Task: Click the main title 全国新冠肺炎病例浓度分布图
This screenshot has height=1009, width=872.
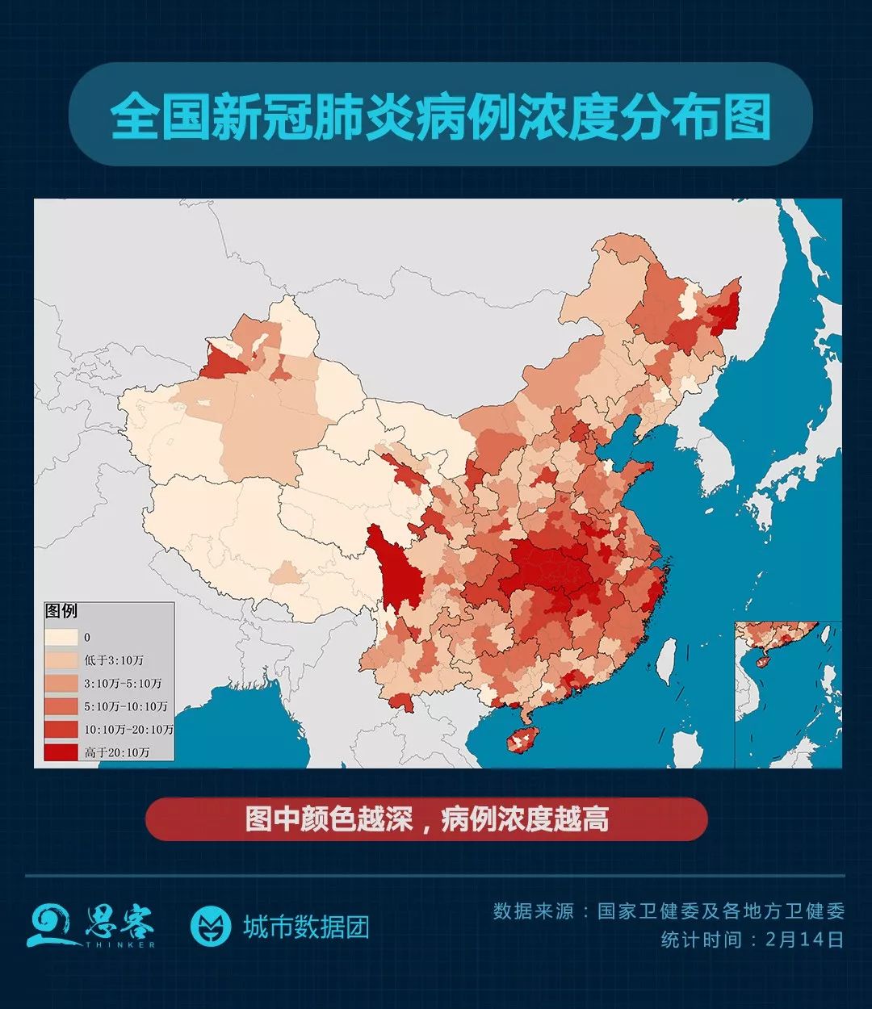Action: pyautogui.click(x=440, y=117)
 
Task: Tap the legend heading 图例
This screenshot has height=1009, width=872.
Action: pyautogui.click(x=61, y=611)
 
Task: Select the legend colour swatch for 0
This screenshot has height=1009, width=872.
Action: pyautogui.click(x=61, y=637)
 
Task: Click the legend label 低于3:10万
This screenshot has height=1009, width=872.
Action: pyautogui.click(x=113, y=660)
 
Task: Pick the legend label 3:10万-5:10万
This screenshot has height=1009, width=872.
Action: pyautogui.click(x=123, y=683)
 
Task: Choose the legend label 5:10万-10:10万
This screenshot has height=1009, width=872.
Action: pyautogui.click(x=125, y=706)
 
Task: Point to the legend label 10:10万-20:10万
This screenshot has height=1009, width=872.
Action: pyautogui.click(x=128, y=729)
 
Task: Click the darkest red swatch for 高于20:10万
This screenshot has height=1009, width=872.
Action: pyautogui.click(x=61, y=752)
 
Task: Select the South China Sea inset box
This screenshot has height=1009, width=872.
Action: pyautogui.click(x=787, y=694)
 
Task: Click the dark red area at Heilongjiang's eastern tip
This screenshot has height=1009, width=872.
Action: pyautogui.click(x=727, y=307)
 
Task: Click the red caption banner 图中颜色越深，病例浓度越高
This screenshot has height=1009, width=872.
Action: pyautogui.click(x=426, y=819)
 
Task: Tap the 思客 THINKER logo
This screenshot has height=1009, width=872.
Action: pyautogui.click(x=90, y=925)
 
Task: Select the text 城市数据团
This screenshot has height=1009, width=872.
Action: pyautogui.click(x=306, y=927)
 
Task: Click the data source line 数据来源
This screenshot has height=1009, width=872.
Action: pyautogui.click(x=669, y=911)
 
